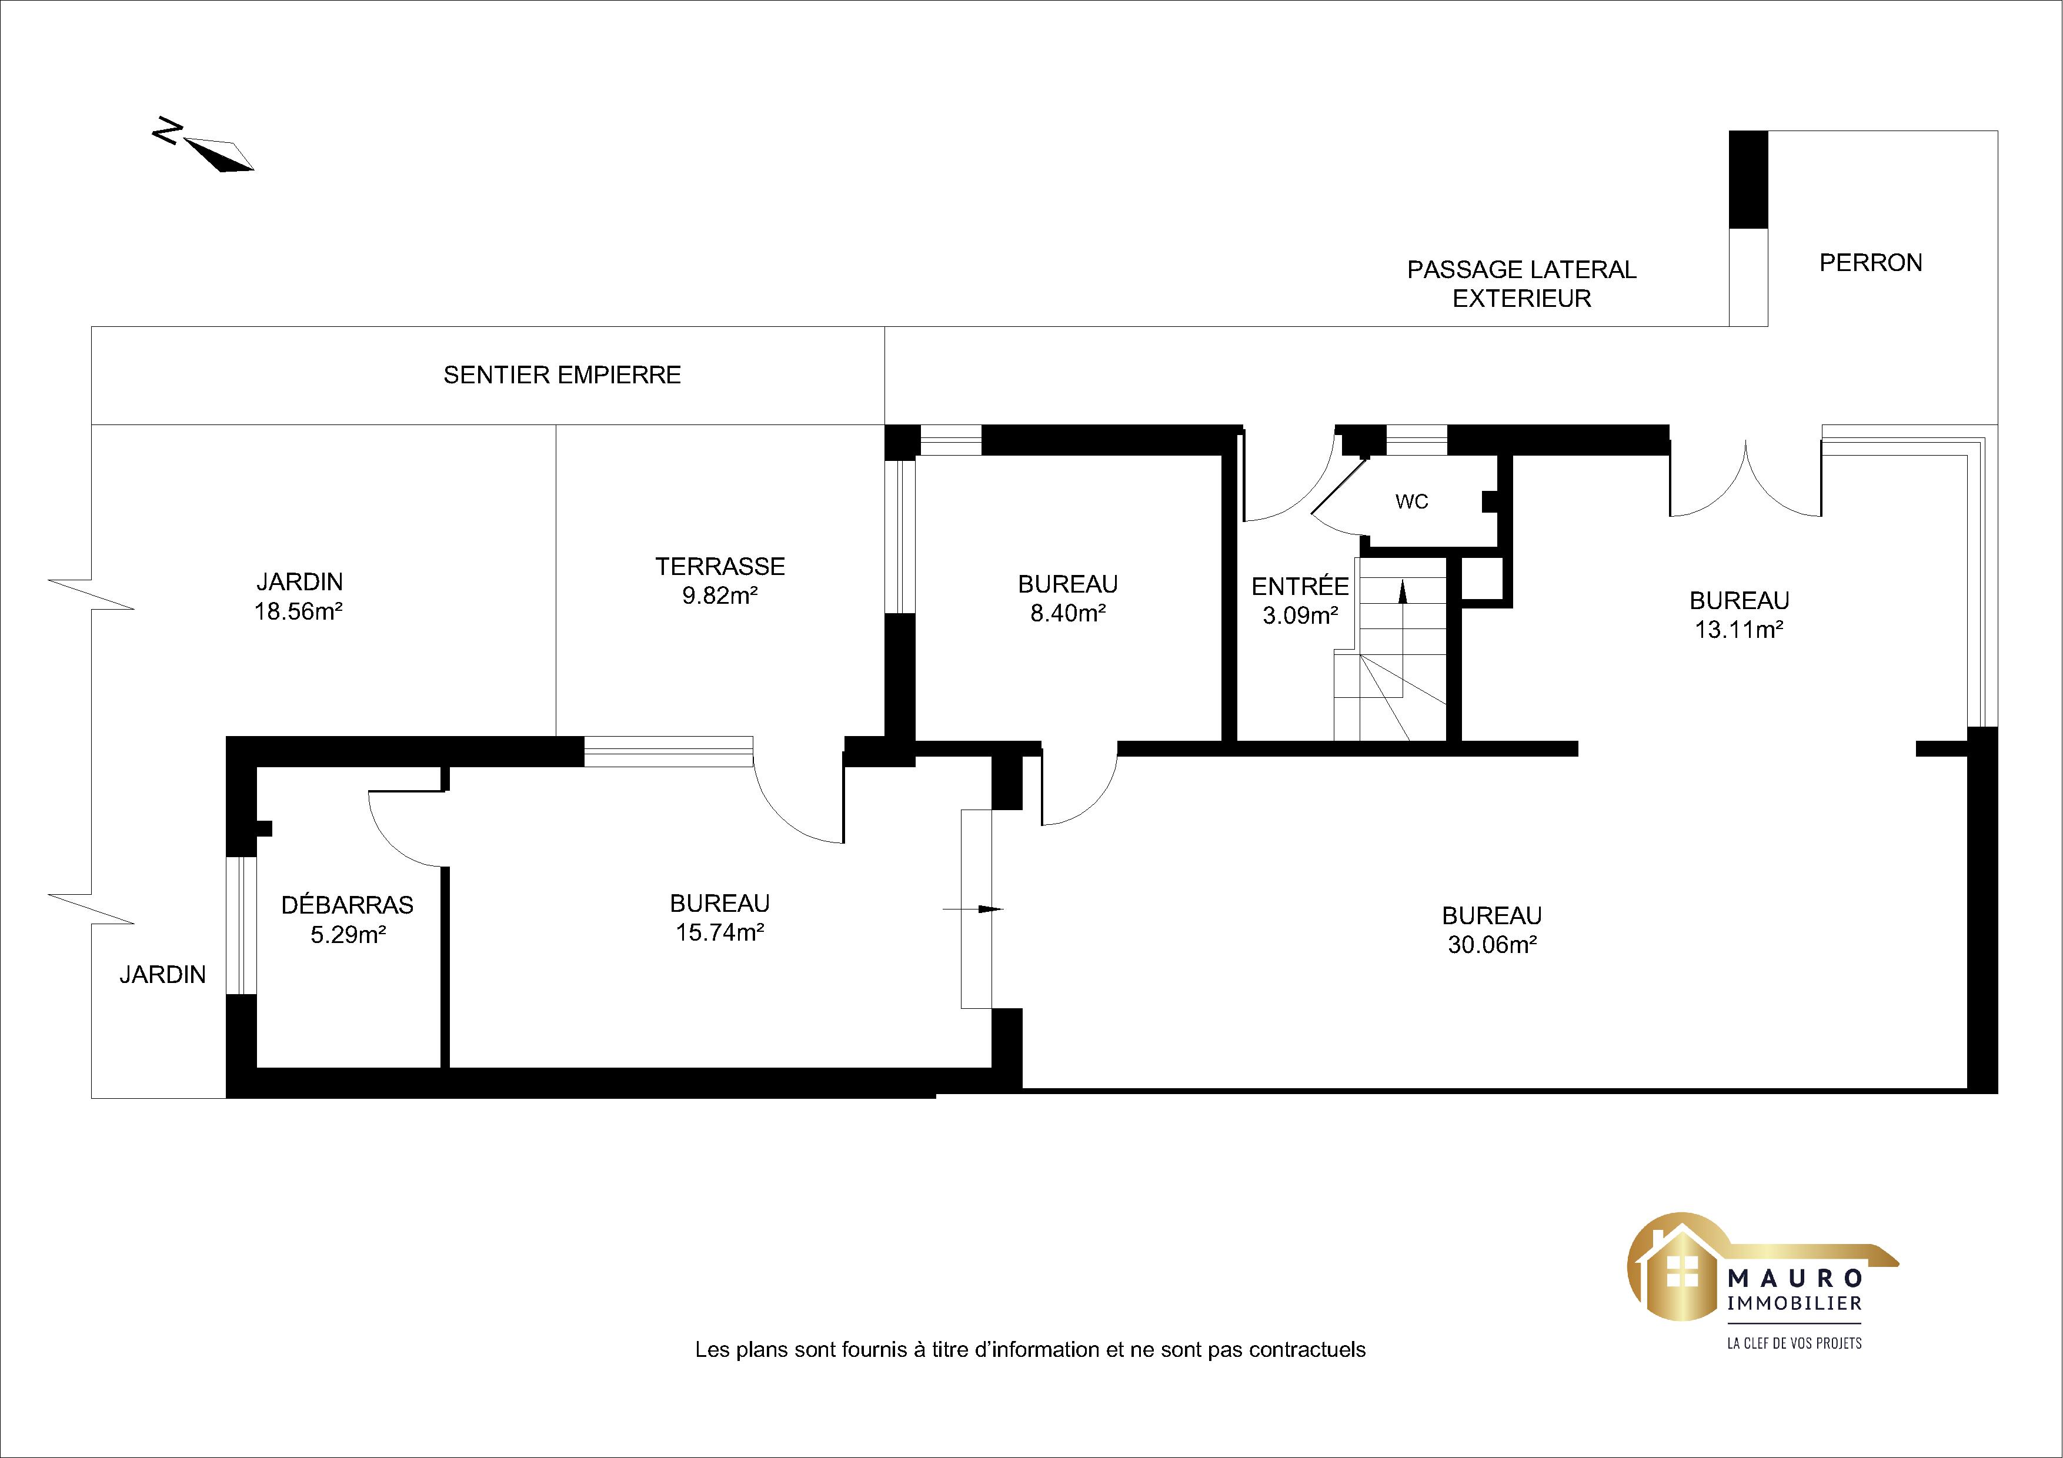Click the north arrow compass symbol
(x=205, y=146)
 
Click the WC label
(x=1411, y=501)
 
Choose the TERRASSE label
(x=720, y=567)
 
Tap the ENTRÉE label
(x=1300, y=587)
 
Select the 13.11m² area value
(x=1738, y=630)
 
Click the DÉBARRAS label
(x=348, y=905)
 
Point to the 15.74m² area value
(x=720, y=932)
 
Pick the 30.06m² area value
(x=1491, y=945)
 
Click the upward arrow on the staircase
(x=1403, y=638)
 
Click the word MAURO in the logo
(x=1794, y=1278)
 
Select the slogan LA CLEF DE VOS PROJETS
(x=1794, y=1343)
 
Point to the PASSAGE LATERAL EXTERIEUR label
(x=1521, y=284)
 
